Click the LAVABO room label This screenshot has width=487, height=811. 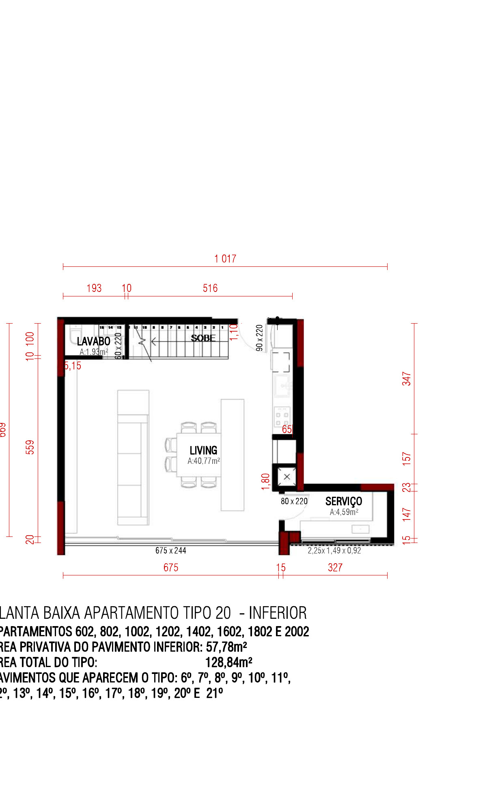click(x=94, y=341)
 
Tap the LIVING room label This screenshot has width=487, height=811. click(x=203, y=451)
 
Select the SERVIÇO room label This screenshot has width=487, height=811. click(x=343, y=502)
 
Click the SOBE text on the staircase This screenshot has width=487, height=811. click(x=203, y=338)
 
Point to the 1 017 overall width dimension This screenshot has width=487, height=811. click(x=225, y=259)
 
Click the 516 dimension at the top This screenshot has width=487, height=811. click(x=210, y=288)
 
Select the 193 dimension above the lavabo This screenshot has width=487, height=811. click(x=94, y=288)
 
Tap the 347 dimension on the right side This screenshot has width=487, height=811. click(x=407, y=379)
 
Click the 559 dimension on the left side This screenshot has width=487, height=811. click(x=30, y=447)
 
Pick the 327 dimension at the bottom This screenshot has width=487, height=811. click(x=335, y=568)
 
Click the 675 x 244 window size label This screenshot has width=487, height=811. click(x=171, y=551)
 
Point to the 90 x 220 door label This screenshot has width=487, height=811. click(x=259, y=338)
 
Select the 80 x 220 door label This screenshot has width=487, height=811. click(x=294, y=502)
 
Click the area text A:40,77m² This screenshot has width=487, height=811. click(x=204, y=461)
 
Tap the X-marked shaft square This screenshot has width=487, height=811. click(x=287, y=477)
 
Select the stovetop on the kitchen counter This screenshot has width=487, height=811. click(x=282, y=417)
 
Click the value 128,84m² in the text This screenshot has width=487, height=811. click(x=229, y=663)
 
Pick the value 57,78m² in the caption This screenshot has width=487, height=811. click(x=226, y=647)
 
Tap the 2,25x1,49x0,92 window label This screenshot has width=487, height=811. click(x=334, y=551)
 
